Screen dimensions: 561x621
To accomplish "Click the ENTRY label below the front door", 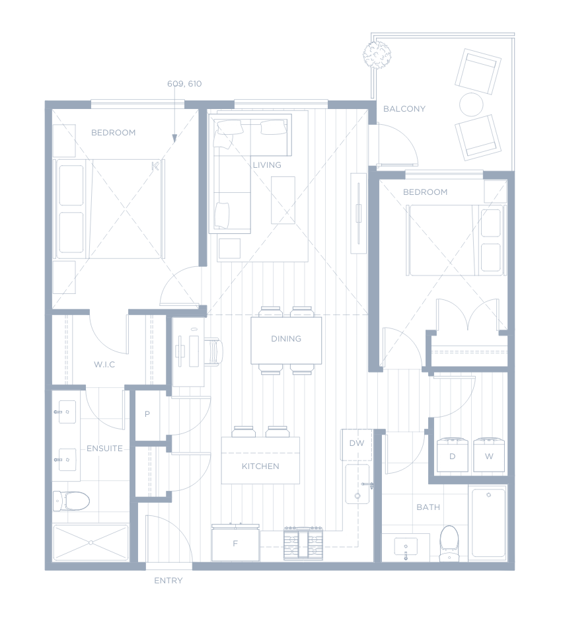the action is coord(168,581).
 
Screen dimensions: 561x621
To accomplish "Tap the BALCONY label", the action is coord(404,109).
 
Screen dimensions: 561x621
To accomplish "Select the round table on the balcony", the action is coord(471,104).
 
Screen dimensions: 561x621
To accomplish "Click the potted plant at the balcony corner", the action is coord(377,55).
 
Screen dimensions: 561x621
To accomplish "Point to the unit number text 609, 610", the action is coord(184,83).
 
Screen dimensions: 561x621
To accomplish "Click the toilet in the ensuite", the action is coord(71,501).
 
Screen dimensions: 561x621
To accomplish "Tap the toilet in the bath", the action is coord(449,543).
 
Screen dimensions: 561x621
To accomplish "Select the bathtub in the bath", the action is coord(488,523).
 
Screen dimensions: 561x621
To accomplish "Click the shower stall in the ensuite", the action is coord(91,542).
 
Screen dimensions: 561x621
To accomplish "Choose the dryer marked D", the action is coord(452,455).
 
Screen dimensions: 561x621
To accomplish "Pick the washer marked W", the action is coord(489,455).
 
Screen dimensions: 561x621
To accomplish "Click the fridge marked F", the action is coord(235,542).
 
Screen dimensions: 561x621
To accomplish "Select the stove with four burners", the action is coord(303,543).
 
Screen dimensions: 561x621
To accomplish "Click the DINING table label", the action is coord(286,339).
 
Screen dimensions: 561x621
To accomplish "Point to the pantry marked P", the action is coord(147,414).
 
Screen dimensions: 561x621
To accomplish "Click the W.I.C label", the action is coord(104,365).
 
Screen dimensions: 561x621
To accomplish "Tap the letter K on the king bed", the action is coord(155,166).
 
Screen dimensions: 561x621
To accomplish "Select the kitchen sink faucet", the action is coord(367,484).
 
